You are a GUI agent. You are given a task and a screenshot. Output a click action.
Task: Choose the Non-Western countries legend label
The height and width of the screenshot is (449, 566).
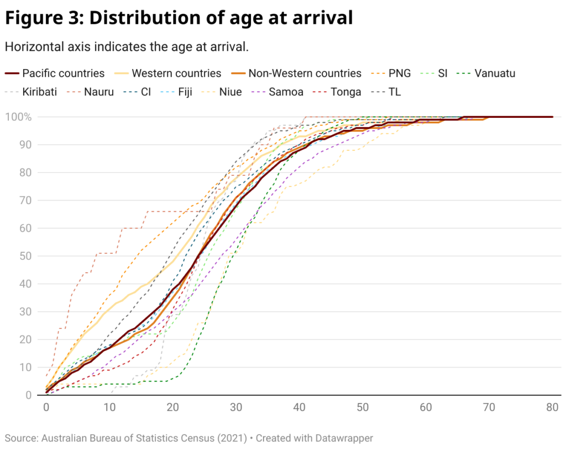coord(305,73)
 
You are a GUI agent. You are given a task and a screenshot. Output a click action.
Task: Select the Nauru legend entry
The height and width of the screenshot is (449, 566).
coord(99,92)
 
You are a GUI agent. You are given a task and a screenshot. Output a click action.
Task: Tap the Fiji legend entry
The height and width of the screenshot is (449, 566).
coord(185,92)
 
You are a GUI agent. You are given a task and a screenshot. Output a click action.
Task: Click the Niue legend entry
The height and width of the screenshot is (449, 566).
coord(230,92)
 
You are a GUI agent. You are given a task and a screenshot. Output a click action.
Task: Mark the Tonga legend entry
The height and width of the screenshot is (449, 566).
coord(345,92)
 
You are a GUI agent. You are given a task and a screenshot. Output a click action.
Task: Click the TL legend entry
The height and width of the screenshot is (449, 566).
coord(395,92)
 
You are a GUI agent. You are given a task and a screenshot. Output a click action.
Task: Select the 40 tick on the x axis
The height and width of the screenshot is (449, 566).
coord(299,407)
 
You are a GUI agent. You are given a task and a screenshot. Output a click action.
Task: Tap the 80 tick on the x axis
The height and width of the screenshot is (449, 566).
coord(552,407)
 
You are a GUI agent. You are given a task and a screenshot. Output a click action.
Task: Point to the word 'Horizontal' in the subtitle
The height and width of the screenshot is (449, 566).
coord(33,46)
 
